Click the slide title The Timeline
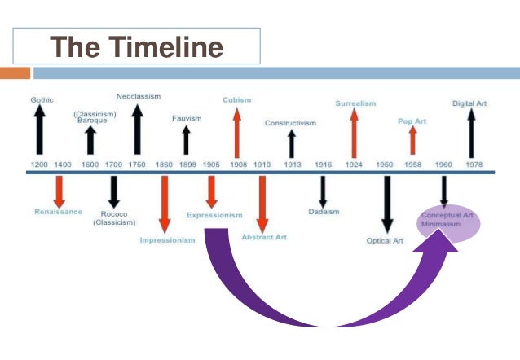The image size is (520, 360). click(136, 46)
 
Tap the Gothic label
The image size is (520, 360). click(42, 99)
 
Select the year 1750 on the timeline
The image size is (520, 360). click(137, 165)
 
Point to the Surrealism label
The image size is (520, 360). click(354, 103)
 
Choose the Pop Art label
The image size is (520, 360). click(412, 121)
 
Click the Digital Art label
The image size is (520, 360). click(470, 103)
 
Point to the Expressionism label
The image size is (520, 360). click(214, 215)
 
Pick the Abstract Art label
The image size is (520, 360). click(263, 238)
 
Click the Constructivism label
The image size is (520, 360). click(290, 123)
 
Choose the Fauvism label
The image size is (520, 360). click(186, 118)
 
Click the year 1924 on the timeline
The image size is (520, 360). click(354, 165)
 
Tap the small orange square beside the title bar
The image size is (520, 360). click(15, 73)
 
